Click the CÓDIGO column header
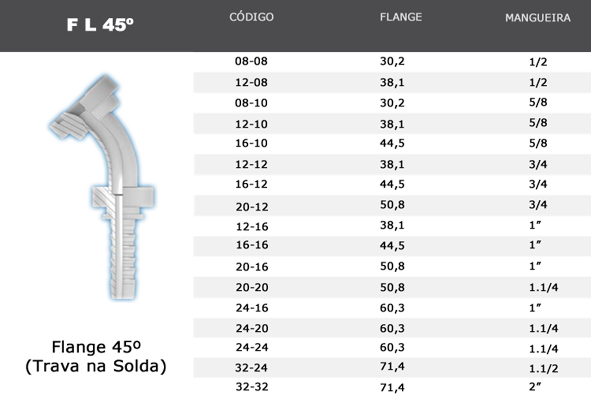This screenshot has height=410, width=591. pyautogui.click(x=252, y=17)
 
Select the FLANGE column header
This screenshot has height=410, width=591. pyautogui.click(x=401, y=17)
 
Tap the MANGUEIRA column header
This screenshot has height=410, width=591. pyautogui.click(x=538, y=18)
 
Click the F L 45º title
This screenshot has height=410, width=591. pyautogui.click(x=100, y=25)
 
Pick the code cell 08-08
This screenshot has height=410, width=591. pyautogui.click(x=251, y=61)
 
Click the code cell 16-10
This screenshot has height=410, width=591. pyautogui.click(x=251, y=143)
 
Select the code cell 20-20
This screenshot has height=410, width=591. pyautogui.click(x=252, y=287)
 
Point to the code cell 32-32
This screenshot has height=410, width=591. pyautogui.click(x=252, y=387)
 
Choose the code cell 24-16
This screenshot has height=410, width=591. pyautogui.click(x=252, y=308)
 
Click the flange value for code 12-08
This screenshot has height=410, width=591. pyautogui.click(x=392, y=82)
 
